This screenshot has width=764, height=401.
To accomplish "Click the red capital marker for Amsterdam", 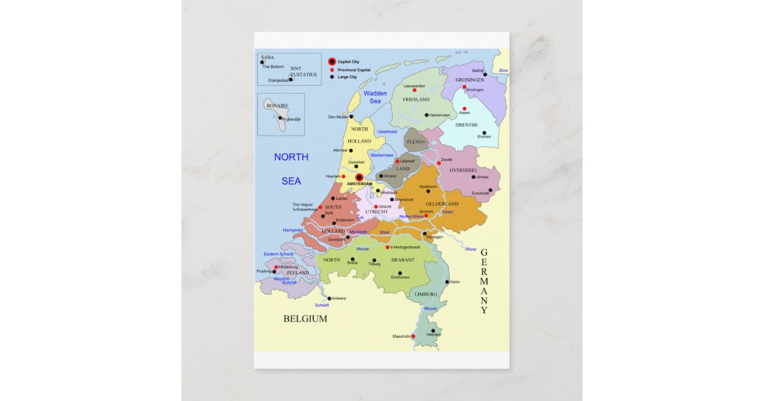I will (x=359, y=178).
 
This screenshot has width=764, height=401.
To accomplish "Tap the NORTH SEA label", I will (x=291, y=169).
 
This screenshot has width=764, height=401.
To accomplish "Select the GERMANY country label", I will (x=484, y=281).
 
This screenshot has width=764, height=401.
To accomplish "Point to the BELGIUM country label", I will (x=306, y=319).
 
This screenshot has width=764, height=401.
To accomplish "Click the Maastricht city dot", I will (x=413, y=336).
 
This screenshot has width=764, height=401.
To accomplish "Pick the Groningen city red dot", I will (x=465, y=87).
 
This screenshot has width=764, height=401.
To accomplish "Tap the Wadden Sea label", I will (x=375, y=97).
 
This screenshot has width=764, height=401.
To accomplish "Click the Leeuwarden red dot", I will (x=414, y=90).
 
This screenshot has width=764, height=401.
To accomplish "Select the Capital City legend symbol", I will (x=332, y=62).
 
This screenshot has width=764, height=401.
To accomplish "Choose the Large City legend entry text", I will (x=348, y=77).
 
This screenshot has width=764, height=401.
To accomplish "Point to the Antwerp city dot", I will (x=329, y=298).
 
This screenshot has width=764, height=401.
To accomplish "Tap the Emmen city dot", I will (x=484, y=133).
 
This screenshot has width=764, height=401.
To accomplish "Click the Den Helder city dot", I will (x=351, y=116).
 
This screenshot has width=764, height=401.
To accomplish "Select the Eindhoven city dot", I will (x=400, y=273).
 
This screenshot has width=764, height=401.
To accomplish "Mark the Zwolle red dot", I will (x=439, y=163).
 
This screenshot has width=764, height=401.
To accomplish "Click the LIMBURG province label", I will (x=426, y=295).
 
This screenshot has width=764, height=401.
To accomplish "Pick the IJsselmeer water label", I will (x=387, y=131).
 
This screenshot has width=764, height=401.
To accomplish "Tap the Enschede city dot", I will (x=490, y=190).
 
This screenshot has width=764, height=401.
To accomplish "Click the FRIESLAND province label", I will (x=416, y=100).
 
